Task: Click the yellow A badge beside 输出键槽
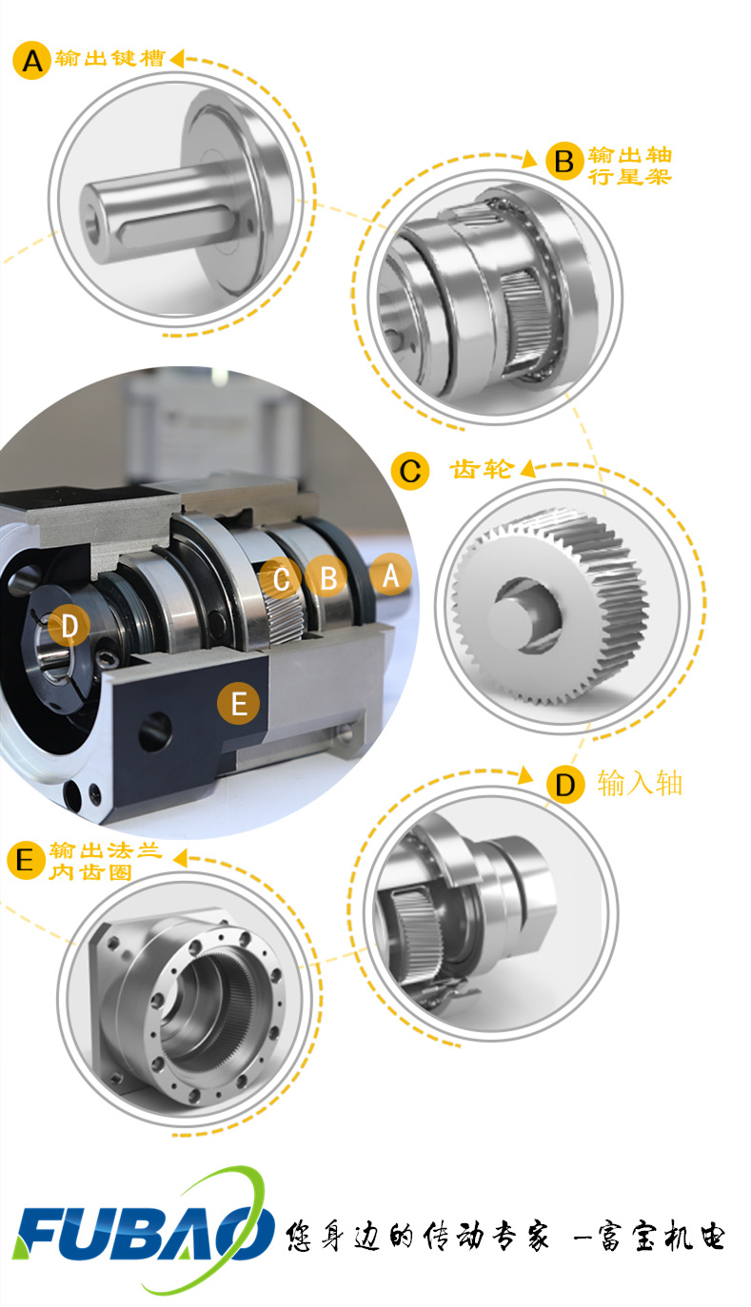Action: click(32, 60)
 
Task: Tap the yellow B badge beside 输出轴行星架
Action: click(564, 161)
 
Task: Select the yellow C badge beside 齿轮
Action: click(410, 471)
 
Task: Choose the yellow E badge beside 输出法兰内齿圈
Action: click(26, 861)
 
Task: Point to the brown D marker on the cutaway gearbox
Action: click(69, 626)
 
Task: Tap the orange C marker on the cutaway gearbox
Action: click(281, 578)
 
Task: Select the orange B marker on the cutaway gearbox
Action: click(327, 577)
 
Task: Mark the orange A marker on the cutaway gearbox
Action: click(390, 575)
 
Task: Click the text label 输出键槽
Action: click(110, 58)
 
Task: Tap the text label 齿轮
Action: click(482, 469)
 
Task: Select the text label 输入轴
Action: click(640, 783)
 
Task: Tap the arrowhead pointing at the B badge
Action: click(529, 158)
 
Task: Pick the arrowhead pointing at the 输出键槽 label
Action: click(176, 58)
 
